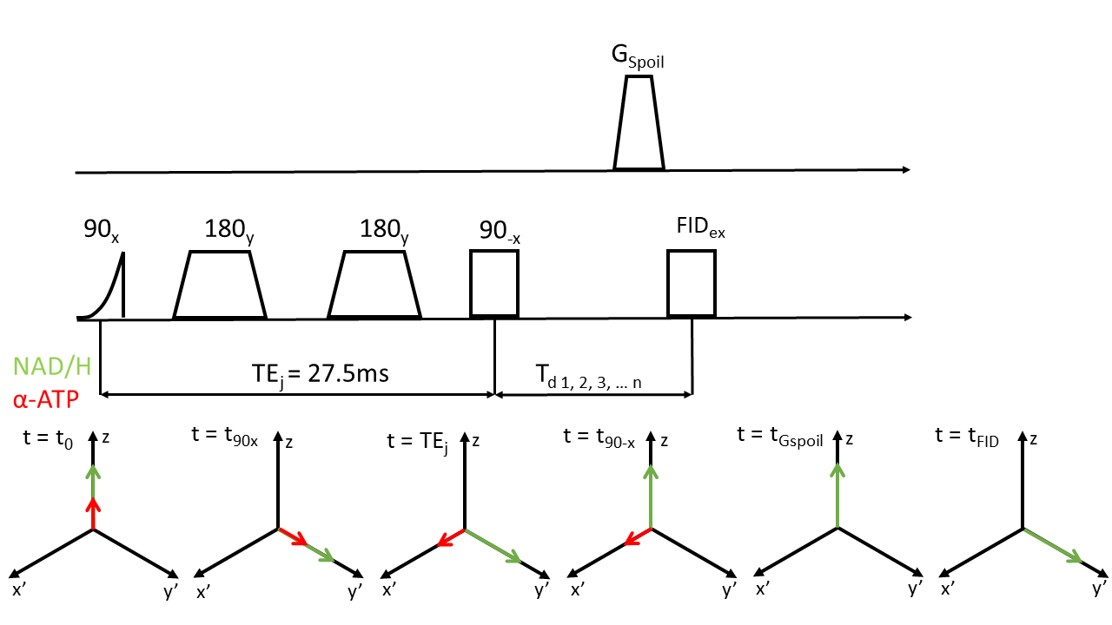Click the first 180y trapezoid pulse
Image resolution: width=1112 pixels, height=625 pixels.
click(x=219, y=286)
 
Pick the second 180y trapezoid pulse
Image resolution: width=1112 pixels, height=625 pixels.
click(x=374, y=286)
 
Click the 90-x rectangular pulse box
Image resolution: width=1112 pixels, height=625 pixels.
click(x=494, y=283)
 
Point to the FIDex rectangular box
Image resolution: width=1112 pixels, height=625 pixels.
click(x=692, y=283)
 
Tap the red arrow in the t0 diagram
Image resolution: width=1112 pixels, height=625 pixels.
click(x=93, y=513)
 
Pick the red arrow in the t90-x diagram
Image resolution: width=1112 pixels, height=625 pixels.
click(x=638, y=537)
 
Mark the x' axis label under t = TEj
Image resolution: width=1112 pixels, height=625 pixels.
click(x=389, y=590)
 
